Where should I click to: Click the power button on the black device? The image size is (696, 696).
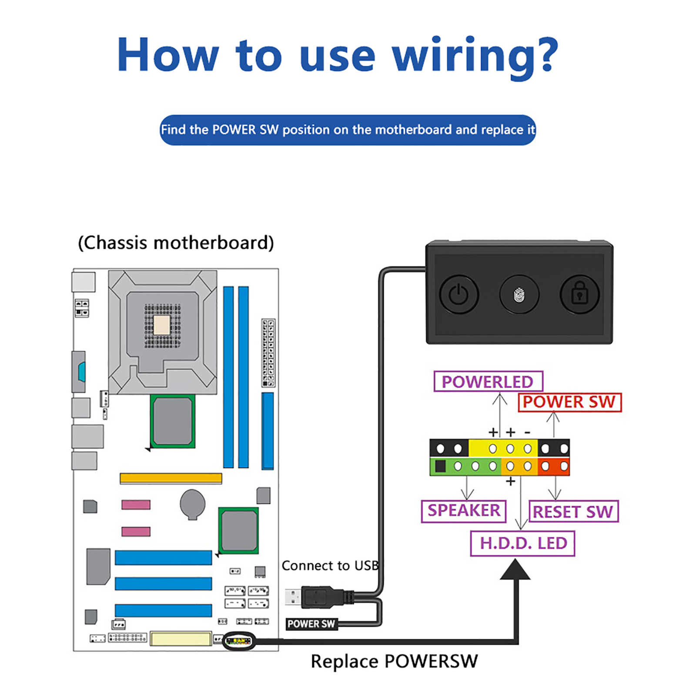tap(458, 294)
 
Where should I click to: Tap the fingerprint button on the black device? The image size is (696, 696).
tap(519, 294)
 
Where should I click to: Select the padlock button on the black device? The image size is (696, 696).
tap(579, 294)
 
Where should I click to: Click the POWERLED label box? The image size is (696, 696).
tap(488, 381)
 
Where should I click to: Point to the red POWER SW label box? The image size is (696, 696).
tap(569, 402)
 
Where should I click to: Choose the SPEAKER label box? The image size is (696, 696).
tap(464, 511)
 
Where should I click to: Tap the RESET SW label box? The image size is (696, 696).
tap(573, 512)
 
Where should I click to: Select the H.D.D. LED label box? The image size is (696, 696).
tap(523, 543)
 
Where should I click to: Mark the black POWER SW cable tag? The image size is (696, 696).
tap(311, 624)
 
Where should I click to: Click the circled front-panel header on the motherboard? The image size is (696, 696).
tap(238, 641)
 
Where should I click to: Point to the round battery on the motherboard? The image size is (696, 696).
tap(193, 504)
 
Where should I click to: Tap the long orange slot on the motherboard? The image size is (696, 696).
tap(171, 478)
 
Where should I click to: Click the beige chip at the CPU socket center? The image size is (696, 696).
tap(162, 325)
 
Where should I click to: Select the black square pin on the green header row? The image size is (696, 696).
tap(440, 466)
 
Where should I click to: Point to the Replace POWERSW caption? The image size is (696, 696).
tap(394, 662)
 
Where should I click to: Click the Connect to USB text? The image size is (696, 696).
tap(330, 565)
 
